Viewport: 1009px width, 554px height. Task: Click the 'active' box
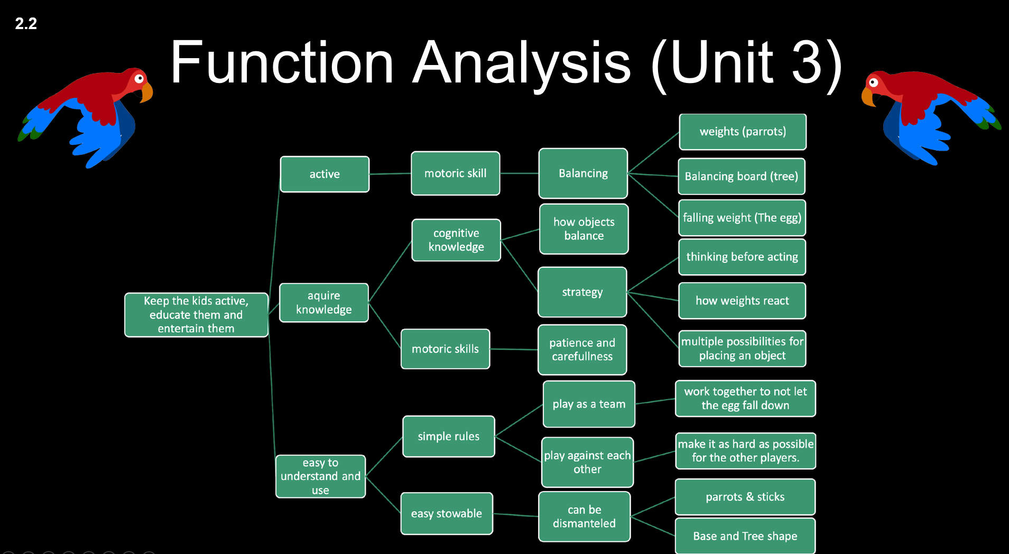pyautogui.click(x=325, y=174)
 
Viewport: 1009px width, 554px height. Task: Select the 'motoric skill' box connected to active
pyautogui.click(x=455, y=173)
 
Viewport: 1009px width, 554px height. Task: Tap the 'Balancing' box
pyautogui.click(x=583, y=173)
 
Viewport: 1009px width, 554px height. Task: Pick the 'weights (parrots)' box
pyautogui.click(x=743, y=132)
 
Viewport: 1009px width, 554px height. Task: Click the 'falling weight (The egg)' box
pyautogui.click(x=742, y=218)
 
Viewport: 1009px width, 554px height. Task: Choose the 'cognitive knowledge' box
pyautogui.click(x=456, y=240)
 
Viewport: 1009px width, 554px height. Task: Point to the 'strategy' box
pyautogui.click(x=582, y=292)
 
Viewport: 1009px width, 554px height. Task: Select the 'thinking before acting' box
pyautogui.click(x=742, y=257)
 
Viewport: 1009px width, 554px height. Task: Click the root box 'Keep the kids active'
pyautogui.click(x=196, y=315)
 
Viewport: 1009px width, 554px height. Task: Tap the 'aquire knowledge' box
pyautogui.click(x=323, y=302)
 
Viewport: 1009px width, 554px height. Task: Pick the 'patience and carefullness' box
pyautogui.click(x=582, y=349)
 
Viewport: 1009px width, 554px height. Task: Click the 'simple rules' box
pyautogui.click(x=449, y=436)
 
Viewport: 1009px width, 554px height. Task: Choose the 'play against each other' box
pyautogui.click(x=587, y=462)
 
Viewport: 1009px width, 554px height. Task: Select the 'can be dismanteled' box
pyautogui.click(x=585, y=516)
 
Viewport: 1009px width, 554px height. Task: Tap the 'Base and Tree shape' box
pyautogui.click(x=745, y=536)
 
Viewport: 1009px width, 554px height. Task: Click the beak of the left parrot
pyautogui.click(x=146, y=93)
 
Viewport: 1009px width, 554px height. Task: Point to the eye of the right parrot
pyautogui.click(x=874, y=82)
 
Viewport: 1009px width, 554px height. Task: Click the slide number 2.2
pyautogui.click(x=26, y=23)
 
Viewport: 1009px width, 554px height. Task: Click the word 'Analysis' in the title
pyautogui.click(x=522, y=63)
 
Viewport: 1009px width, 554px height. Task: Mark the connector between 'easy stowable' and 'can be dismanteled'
pyautogui.click(x=516, y=515)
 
